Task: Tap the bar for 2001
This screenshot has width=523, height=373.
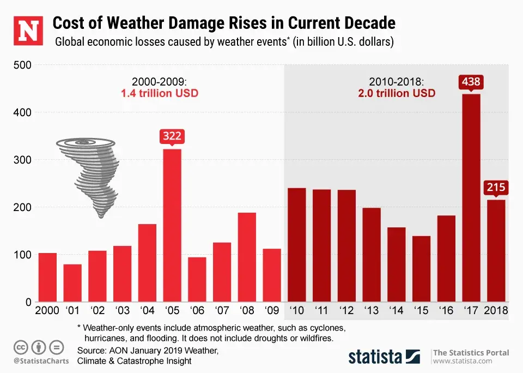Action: [x=72, y=283]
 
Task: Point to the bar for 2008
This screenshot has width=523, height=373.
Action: [x=247, y=257]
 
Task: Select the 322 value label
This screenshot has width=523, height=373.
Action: [x=172, y=136]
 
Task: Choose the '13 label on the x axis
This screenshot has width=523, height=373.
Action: [x=371, y=311]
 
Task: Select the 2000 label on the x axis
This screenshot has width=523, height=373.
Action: [x=47, y=311]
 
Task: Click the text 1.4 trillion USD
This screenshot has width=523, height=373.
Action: [x=159, y=93]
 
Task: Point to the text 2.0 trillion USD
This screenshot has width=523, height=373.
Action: [x=396, y=93]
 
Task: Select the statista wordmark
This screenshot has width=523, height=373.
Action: [x=375, y=357]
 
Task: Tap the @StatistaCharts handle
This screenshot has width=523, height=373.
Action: [x=37, y=361]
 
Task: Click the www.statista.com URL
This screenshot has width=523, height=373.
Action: [x=459, y=362]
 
